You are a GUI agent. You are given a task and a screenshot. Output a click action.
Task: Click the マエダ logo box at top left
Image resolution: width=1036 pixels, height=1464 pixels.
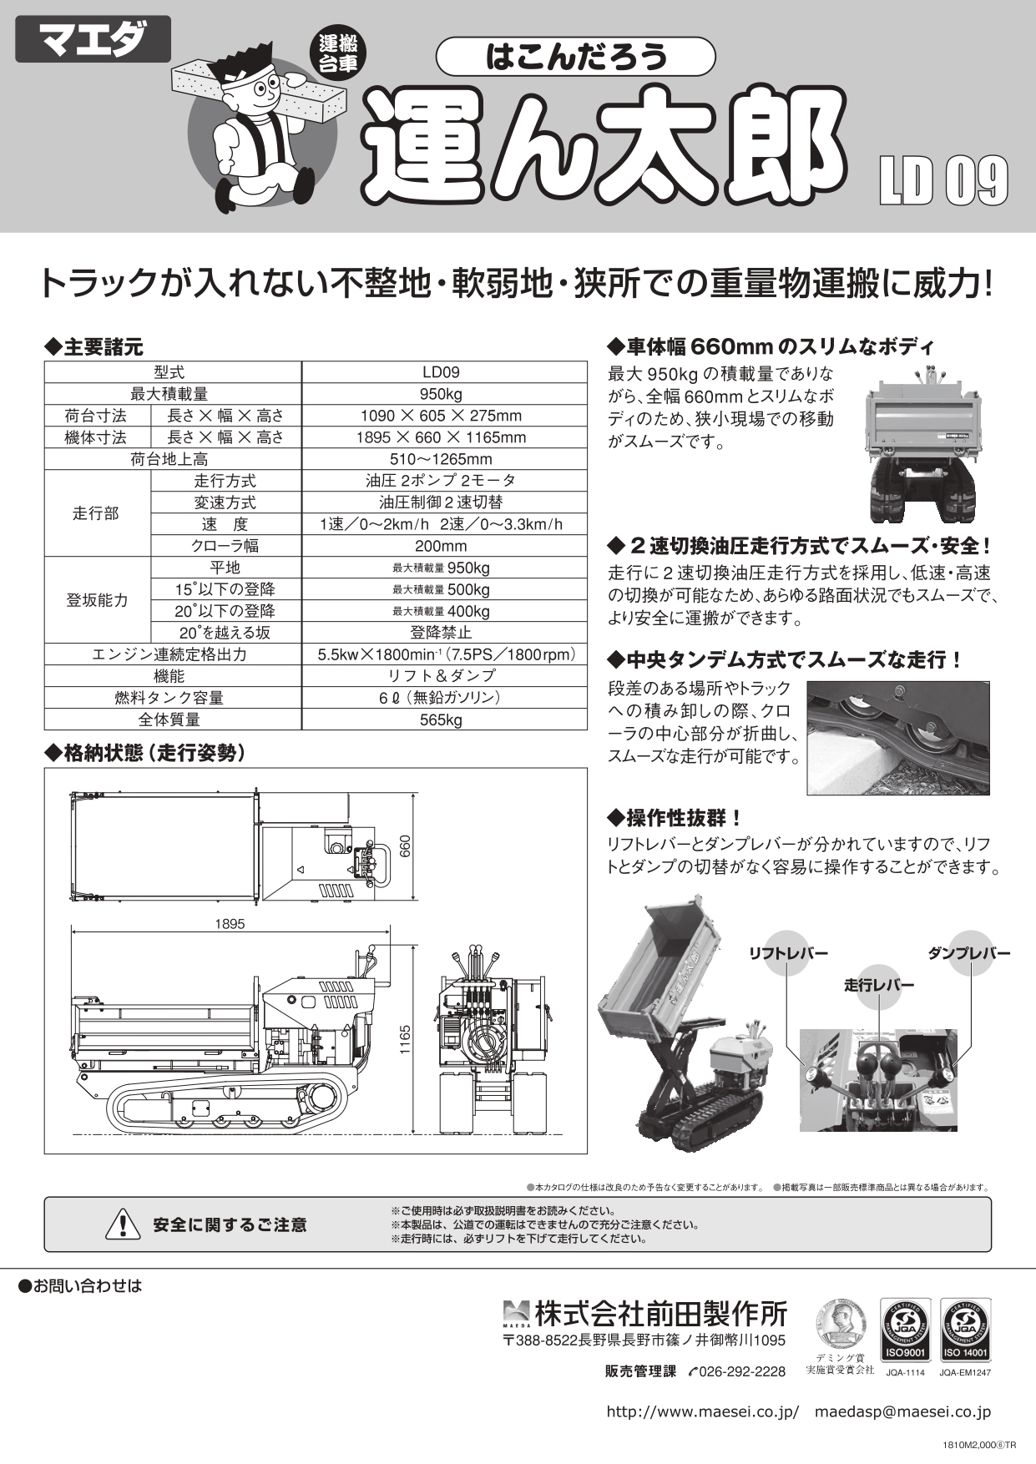(93, 40)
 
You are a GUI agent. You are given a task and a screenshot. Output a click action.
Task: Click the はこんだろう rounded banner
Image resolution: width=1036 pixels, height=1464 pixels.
(575, 57)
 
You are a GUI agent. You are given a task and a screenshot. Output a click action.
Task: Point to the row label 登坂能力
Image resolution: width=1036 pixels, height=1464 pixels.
(97, 600)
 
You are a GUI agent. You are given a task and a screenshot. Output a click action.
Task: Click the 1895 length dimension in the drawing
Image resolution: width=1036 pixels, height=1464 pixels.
(230, 924)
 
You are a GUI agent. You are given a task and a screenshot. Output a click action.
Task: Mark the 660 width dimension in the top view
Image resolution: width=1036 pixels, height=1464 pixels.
(405, 846)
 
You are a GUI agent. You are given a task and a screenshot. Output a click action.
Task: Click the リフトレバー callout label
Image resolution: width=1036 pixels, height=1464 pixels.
(787, 954)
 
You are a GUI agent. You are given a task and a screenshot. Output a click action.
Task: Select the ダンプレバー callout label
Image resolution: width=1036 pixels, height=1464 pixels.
(968, 953)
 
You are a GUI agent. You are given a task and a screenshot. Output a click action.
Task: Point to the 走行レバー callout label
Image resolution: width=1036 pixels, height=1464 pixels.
(878, 986)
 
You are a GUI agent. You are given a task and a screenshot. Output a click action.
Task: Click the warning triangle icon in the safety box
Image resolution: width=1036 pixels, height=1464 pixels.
(123, 1224)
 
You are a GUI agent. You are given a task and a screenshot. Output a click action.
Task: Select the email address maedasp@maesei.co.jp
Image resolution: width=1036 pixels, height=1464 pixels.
(902, 1412)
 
